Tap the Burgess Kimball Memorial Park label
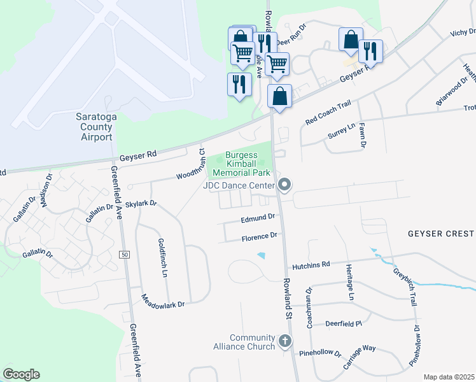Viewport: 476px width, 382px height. tap(241, 164)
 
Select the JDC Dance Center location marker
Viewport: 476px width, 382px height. tap(284, 185)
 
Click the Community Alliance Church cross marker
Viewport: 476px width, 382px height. tap(285, 342)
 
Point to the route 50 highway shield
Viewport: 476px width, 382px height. tap(124, 254)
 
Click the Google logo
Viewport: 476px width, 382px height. tap(21, 374)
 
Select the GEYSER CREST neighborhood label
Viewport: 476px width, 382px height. tap(441, 234)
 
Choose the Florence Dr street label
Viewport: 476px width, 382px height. tap(259, 236)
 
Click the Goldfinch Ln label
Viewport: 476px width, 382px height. tap(162, 258)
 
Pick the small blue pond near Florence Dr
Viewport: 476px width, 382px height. tap(262, 256)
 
